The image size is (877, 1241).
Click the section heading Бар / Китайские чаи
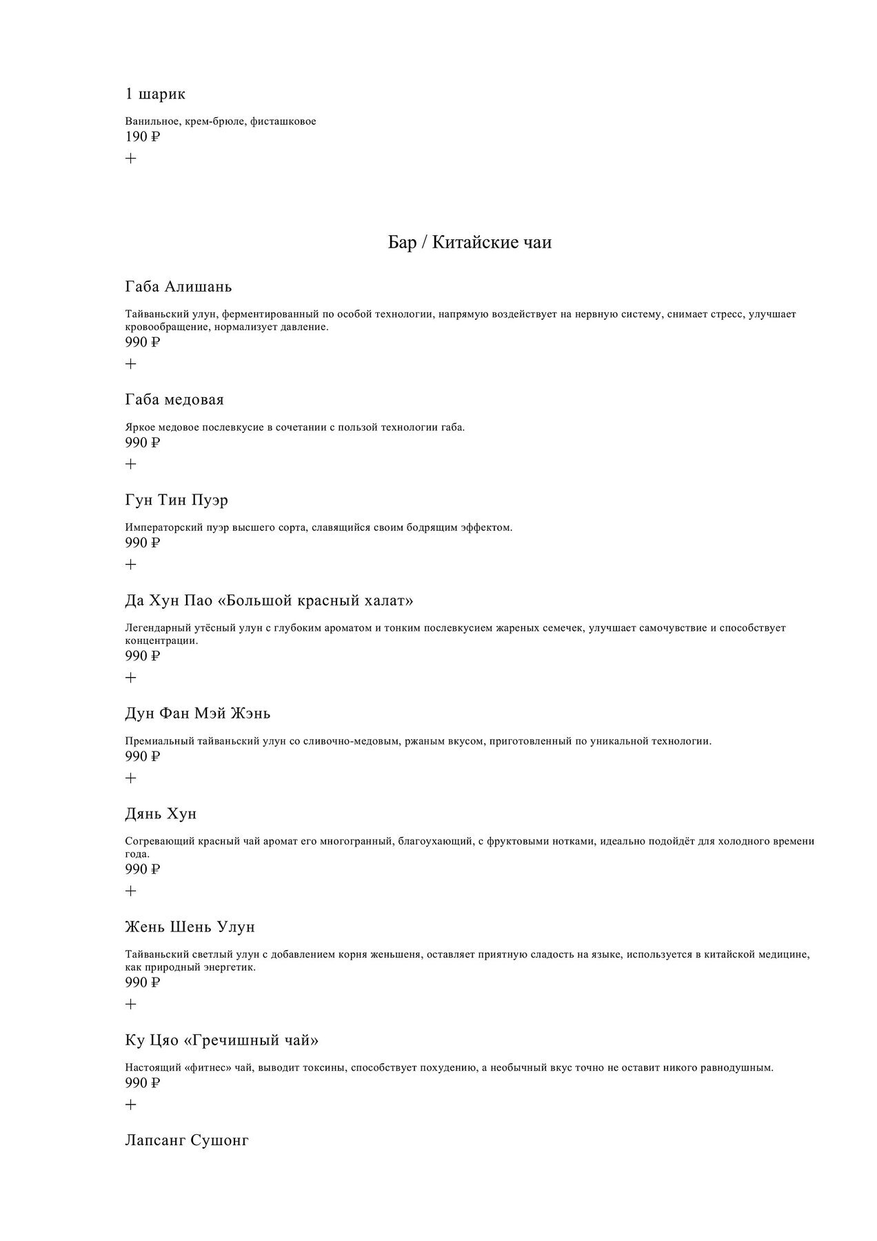(470, 243)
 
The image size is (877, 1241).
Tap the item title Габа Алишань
(179, 286)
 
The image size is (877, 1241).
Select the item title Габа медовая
(174, 400)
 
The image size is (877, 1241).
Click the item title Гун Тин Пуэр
(177, 501)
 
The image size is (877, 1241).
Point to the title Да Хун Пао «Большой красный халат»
(269, 601)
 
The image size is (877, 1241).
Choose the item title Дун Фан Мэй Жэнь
(197, 714)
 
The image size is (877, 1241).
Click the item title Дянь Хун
(161, 814)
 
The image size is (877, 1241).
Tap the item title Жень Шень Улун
(190, 927)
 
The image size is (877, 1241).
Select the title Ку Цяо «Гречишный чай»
(221, 1040)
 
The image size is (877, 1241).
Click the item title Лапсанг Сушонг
(187, 1140)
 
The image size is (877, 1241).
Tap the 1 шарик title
(155, 94)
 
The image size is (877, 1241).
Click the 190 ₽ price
(142, 137)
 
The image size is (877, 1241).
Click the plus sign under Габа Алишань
(131, 364)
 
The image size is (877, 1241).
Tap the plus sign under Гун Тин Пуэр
(131, 565)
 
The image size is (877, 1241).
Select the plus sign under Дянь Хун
(131, 891)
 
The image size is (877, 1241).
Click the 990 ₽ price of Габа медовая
(142, 443)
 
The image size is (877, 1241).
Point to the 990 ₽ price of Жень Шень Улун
(142, 982)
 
